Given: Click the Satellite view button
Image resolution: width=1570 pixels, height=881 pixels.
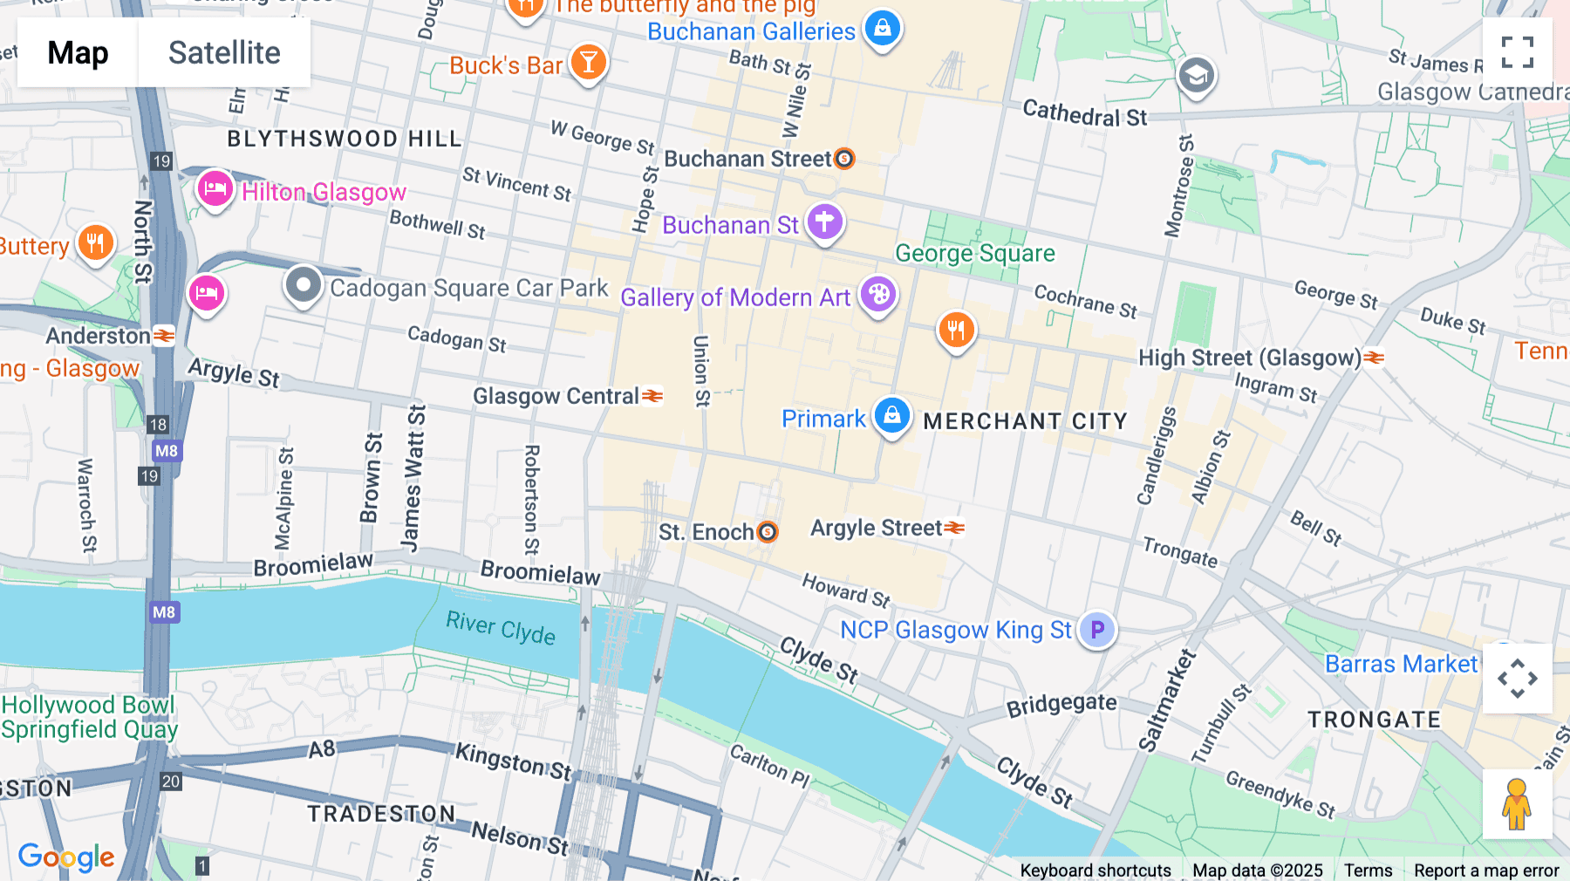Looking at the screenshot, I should click(x=224, y=53).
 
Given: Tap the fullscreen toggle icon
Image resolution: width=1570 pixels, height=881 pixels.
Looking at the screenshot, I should click(x=1517, y=52).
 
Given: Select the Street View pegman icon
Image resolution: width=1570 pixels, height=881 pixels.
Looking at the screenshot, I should click(x=1517, y=804).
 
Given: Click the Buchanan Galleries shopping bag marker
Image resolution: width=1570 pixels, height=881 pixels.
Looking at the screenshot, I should click(x=882, y=28).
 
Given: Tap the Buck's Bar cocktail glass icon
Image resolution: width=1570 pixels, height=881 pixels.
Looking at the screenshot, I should click(x=589, y=62).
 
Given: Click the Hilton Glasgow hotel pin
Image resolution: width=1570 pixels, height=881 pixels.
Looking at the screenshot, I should click(x=215, y=188).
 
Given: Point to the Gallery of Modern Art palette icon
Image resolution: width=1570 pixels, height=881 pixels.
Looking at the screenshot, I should click(x=878, y=294).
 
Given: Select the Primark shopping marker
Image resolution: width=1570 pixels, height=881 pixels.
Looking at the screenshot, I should click(x=891, y=415).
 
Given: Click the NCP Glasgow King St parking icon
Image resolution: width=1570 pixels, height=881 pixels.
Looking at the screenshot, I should click(x=1096, y=629).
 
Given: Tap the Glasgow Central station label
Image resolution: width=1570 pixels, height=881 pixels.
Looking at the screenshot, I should click(x=556, y=397).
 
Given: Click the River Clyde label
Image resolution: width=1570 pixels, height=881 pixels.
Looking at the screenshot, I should click(x=501, y=627).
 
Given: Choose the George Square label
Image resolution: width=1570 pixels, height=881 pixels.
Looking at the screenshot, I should click(x=974, y=254).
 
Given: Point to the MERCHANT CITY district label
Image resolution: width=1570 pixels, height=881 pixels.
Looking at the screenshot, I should click(x=1025, y=421).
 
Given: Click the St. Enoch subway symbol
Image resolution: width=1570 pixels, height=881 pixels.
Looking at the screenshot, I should click(x=768, y=532).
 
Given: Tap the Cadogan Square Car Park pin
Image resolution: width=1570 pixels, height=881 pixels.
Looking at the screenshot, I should click(x=304, y=284).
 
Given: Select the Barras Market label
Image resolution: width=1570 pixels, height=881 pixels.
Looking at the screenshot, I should click(x=1401, y=665).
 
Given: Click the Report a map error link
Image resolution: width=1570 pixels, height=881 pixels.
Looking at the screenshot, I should click(x=1486, y=871).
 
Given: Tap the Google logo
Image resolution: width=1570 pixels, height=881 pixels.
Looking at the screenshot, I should click(x=66, y=857).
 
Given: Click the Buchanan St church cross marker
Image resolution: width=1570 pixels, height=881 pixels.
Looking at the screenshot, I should click(x=824, y=222).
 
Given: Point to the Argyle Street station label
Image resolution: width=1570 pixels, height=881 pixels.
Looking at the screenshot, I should click(x=876, y=529).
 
